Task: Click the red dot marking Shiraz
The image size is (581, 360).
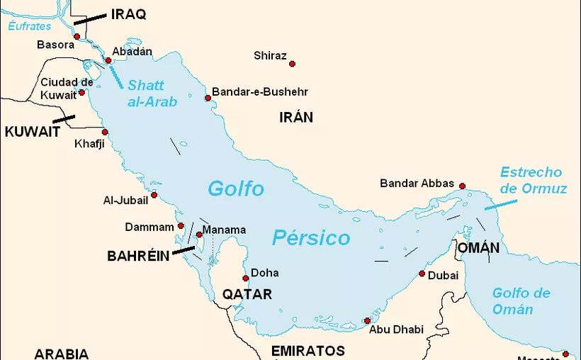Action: click(x=292, y=64)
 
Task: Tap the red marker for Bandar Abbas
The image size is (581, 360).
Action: click(x=462, y=186)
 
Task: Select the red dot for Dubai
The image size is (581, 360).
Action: click(x=422, y=274)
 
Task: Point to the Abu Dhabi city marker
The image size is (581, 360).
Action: click(x=366, y=320)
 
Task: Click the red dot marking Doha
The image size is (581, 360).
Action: click(x=246, y=278)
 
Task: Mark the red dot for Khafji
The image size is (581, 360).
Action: click(x=105, y=132)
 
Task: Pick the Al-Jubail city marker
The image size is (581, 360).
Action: click(x=154, y=195)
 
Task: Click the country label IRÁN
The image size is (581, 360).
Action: click(x=295, y=118)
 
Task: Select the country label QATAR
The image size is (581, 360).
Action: click(x=247, y=294)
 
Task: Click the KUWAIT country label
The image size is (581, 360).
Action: click(x=32, y=132)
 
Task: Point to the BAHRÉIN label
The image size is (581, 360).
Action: click(x=138, y=256)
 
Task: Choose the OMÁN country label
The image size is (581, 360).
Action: click(x=478, y=248)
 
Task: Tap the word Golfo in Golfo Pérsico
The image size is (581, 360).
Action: click(x=236, y=189)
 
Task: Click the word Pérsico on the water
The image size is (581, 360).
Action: click(x=311, y=238)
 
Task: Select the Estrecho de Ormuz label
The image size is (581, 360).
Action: click(x=533, y=181)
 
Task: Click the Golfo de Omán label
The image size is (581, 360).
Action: click(x=521, y=301)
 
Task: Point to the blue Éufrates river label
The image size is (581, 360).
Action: click(x=30, y=26)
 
